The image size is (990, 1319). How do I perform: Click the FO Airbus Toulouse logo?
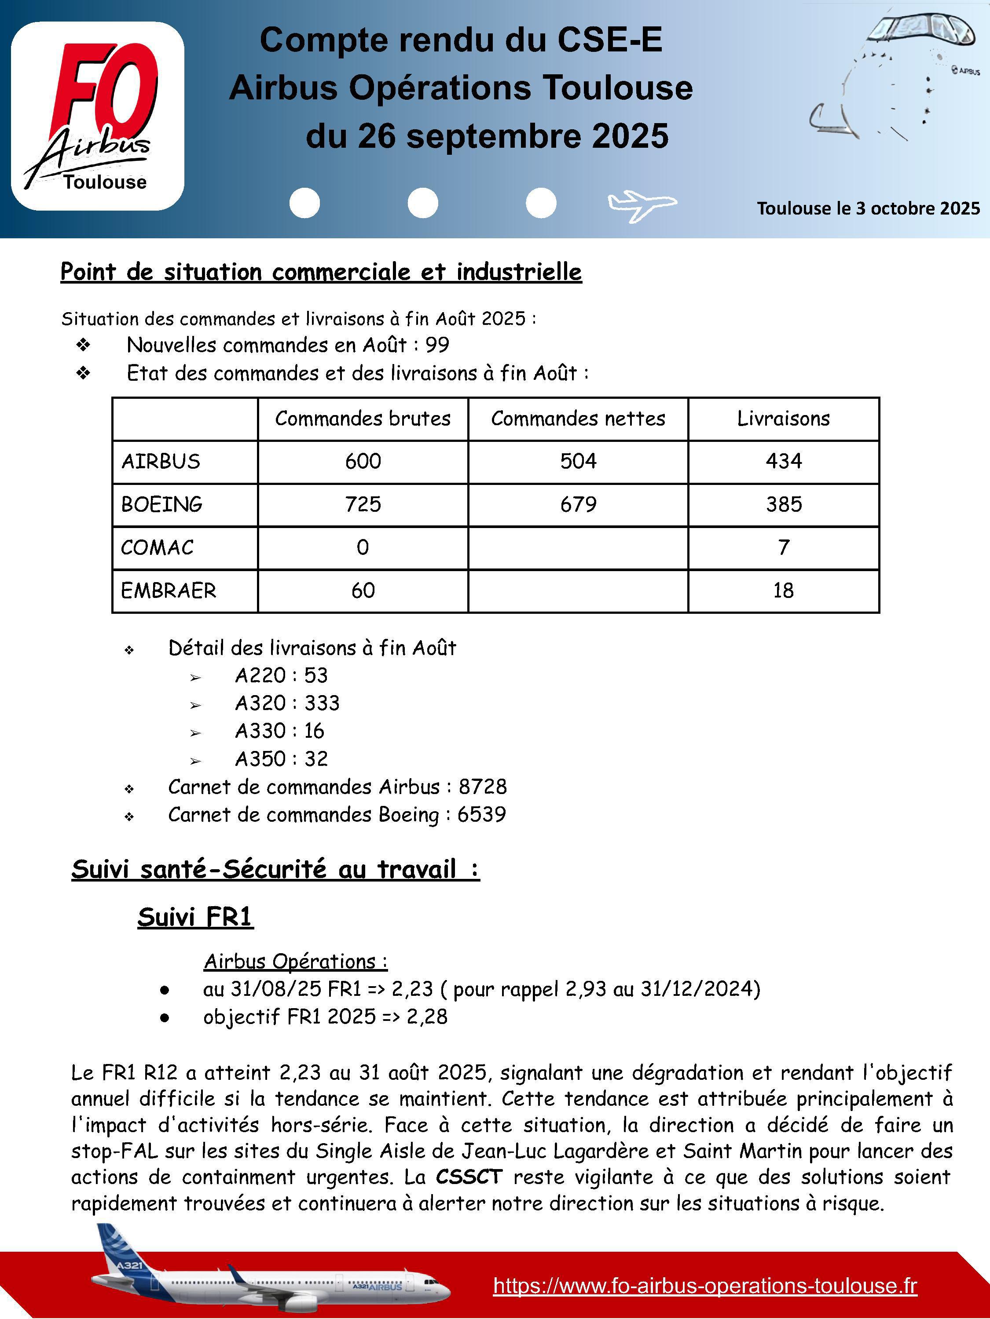click(97, 116)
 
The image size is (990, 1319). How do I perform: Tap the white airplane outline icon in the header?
click(642, 204)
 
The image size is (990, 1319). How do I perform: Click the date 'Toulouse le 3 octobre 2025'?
click(868, 208)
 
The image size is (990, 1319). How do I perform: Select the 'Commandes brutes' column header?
click(363, 419)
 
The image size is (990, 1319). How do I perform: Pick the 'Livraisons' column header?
click(783, 419)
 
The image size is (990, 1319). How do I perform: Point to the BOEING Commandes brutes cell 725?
click(363, 504)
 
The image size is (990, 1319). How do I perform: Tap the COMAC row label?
click(158, 547)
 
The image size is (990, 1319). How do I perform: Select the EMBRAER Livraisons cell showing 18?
click(783, 590)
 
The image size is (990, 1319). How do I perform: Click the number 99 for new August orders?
click(437, 345)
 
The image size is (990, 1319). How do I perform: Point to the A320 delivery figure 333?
click(322, 703)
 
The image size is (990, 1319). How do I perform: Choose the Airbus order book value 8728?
click(482, 787)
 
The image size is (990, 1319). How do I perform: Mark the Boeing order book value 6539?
click(481, 815)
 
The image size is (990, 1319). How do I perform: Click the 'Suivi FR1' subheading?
click(195, 917)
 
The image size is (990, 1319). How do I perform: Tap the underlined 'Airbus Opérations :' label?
click(295, 961)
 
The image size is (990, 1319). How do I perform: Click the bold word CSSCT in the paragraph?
click(469, 1177)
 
